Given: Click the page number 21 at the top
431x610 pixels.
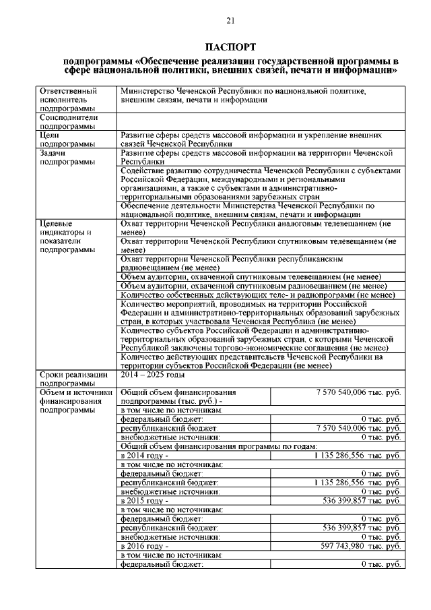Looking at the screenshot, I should coord(230,22).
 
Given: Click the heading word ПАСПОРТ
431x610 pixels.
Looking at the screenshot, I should coord(230,47).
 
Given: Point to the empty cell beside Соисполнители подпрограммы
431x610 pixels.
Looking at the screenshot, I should coord(260,121).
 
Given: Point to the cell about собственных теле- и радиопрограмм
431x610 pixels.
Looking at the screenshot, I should coord(260,295).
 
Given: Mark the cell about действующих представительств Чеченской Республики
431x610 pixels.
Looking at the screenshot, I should coord(260,361).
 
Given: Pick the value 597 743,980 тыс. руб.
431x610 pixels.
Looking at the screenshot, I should coord(362,546).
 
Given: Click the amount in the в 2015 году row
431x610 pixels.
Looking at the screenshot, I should coord(362,501).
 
